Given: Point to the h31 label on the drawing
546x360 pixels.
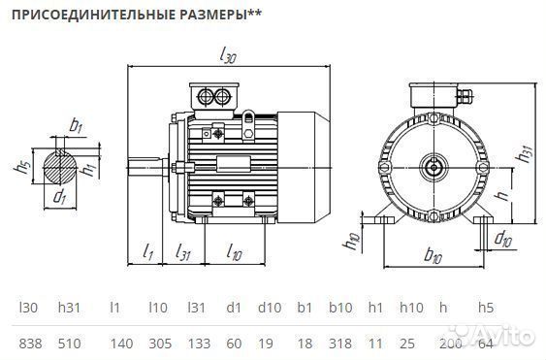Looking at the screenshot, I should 526,155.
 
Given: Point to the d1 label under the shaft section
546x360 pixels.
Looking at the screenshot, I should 60,198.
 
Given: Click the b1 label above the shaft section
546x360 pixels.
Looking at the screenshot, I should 77,126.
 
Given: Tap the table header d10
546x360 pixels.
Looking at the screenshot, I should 269,308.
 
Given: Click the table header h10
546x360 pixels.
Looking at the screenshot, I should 411,308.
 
